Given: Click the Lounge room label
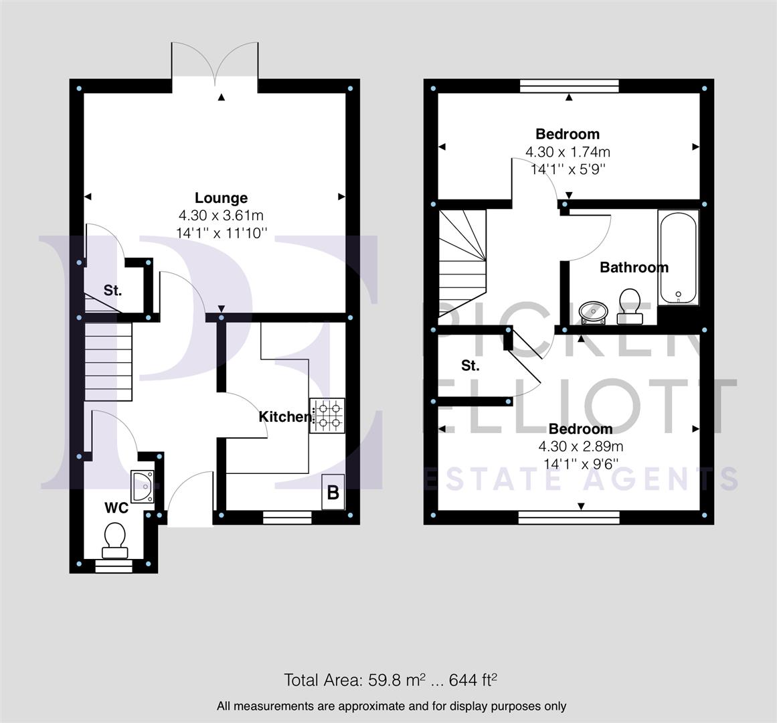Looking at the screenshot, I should click(221, 198).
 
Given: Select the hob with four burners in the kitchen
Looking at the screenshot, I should click(327, 415).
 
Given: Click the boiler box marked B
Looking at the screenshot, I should click(333, 493).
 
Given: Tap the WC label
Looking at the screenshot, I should click(116, 508).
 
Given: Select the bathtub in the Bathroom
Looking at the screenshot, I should click(678, 258).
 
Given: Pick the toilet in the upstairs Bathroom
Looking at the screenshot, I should click(629, 305).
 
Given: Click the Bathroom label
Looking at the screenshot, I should click(634, 268).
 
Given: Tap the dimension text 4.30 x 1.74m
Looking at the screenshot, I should click(568, 152).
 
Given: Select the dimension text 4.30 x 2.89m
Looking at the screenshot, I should click(580, 446).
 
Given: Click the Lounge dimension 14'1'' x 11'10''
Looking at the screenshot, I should click(221, 233).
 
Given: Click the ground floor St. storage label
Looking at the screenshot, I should click(112, 291).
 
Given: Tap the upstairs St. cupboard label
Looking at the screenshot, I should click(470, 366).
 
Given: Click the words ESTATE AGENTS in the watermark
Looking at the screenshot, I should click(582, 479).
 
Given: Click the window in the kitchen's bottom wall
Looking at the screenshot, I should click(287, 516).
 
